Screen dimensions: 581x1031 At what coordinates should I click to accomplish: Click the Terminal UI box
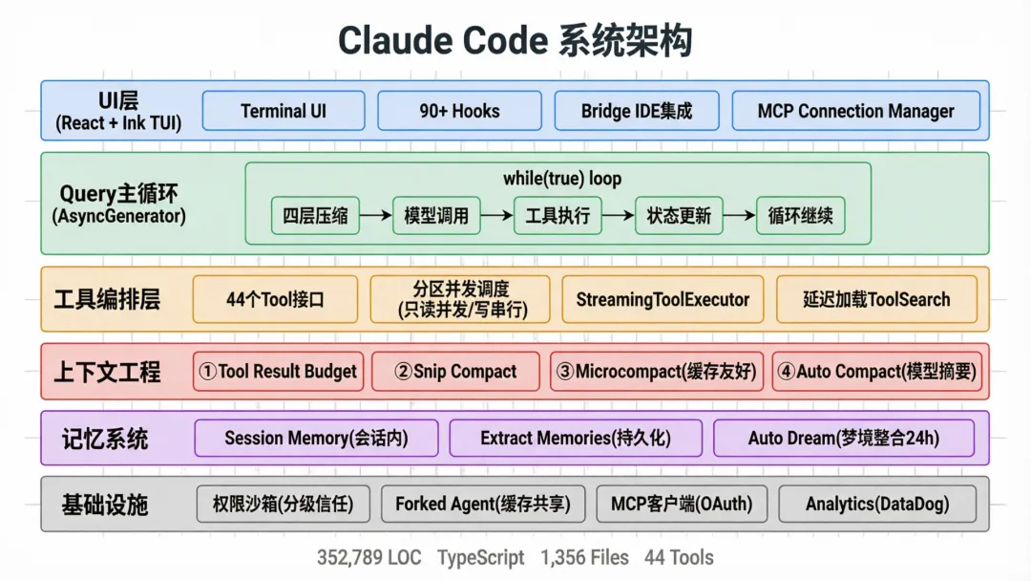pyautogui.click(x=284, y=111)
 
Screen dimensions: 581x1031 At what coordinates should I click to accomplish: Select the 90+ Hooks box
pyautogui.click(x=459, y=111)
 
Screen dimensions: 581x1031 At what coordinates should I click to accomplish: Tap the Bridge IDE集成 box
pyautogui.click(x=637, y=111)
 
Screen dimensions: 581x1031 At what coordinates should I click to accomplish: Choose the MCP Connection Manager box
pyautogui.click(x=855, y=111)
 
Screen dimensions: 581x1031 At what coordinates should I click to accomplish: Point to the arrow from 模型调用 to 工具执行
pyautogui.click(x=496, y=216)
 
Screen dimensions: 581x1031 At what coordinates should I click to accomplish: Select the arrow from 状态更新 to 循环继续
pyautogui.click(x=739, y=216)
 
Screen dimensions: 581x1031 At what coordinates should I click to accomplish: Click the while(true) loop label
pyautogui.click(x=562, y=179)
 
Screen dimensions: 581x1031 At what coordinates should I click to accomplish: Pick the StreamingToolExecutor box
pyautogui.click(x=663, y=299)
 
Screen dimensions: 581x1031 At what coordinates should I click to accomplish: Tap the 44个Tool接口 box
pyautogui.click(x=275, y=299)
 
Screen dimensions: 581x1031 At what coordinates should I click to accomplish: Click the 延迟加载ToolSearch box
pyautogui.click(x=876, y=299)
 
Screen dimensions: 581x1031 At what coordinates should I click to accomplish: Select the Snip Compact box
pyautogui.click(x=455, y=372)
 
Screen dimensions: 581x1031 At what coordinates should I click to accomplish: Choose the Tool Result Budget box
pyautogui.click(x=278, y=372)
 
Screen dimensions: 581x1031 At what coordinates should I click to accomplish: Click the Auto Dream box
pyautogui.click(x=843, y=439)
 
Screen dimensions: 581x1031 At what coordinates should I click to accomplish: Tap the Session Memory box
pyautogui.click(x=316, y=439)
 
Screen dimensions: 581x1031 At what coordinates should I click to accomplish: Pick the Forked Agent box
pyautogui.click(x=482, y=504)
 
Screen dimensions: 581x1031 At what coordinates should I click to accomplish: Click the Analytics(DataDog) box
pyautogui.click(x=877, y=504)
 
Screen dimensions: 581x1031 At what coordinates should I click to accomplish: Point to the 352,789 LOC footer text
pyautogui.click(x=369, y=557)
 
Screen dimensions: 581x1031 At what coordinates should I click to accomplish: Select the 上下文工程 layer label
pyautogui.click(x=107, y=372)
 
